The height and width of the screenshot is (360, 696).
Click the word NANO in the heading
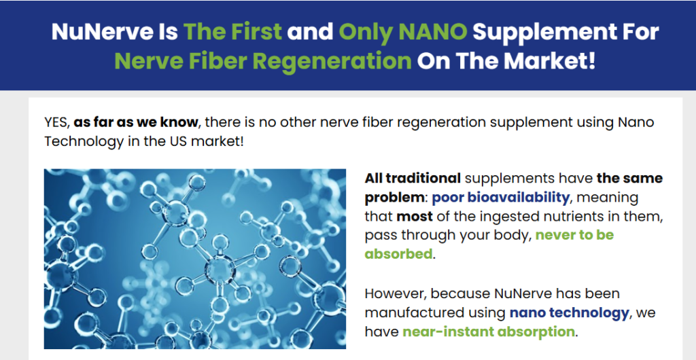pyautogui.click(x=433, y=31)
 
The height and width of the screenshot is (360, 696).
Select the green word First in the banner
pyautogui.click(x=254, y=31)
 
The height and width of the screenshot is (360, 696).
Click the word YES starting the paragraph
pyautogui.click(x=57, y=122)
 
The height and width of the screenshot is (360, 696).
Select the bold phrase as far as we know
pyautogui.click(x=136, y=122)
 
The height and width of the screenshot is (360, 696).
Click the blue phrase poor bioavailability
pyautogui.click(x=500, y=197)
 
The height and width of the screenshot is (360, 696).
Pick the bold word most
pyautogui.click(x=414, y=217)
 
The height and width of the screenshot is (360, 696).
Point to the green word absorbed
pyautogui.click(x=398, y=254)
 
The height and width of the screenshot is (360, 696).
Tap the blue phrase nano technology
pyautogui.click(x=569, y=313)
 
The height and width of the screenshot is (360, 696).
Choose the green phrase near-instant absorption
pyautogui.click(x=488, y=332)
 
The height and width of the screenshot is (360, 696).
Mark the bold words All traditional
pyautogui.click(x=413, y=178)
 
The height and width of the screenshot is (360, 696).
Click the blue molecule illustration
pyautogui.click(x=195, y=259)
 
